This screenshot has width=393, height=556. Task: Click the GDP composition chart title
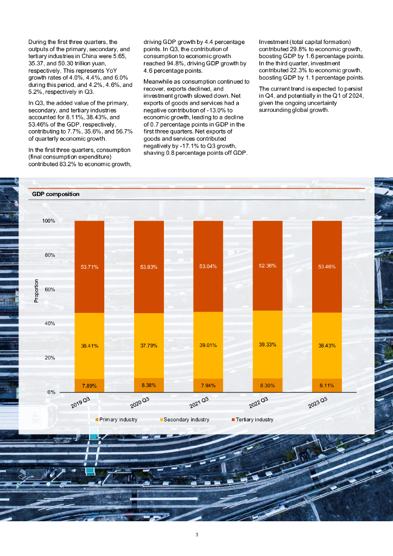[56, 194]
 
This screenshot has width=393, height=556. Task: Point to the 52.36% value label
[268, 266]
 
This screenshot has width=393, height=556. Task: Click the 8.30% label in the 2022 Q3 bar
[268, 386]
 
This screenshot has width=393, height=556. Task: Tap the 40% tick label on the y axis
[49, 324]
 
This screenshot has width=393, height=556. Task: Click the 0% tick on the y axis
[51, 392]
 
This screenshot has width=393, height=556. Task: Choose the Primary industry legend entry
[117, 419]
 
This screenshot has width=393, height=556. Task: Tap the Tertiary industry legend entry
[252, 419]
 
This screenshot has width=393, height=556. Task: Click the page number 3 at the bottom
[196, 535]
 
